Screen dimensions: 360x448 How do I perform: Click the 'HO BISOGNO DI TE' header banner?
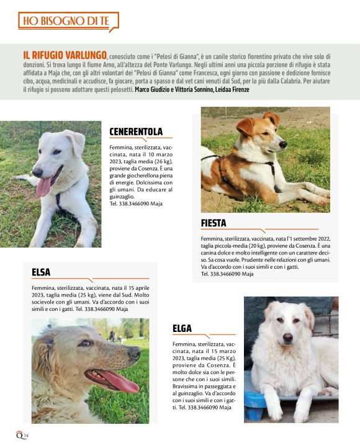coord(68,22)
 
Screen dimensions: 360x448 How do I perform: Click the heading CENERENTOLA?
coord(136,132)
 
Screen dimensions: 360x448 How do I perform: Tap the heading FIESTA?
coord(214,223)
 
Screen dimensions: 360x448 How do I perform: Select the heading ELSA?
coord(41,272)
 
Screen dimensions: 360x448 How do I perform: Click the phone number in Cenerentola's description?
coord(135,204)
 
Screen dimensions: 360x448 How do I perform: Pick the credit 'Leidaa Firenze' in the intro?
coord(233,91)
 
